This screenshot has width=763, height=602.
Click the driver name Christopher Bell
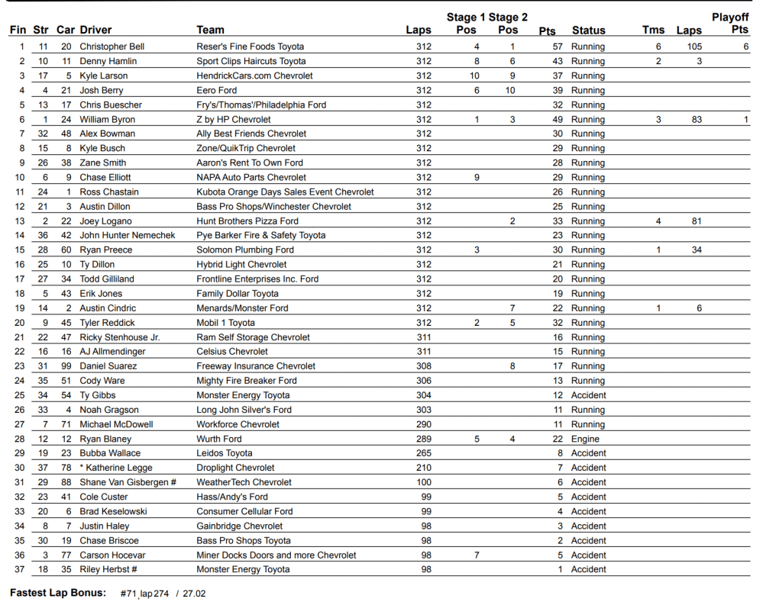point(112,47)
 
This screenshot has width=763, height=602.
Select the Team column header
point(210,31)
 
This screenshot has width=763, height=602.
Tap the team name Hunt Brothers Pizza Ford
point(247,221)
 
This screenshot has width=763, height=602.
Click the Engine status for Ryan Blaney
point(586,439)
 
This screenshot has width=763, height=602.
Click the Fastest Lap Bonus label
point(58,593)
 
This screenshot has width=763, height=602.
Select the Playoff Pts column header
point(730,24)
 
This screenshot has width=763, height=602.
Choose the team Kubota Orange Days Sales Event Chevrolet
point(285,192)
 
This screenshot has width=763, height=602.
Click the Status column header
point(588,31)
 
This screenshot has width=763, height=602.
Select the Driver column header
point(95,31)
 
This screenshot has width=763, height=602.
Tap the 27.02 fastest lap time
point(194,593)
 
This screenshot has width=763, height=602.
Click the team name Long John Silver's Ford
point(244,410)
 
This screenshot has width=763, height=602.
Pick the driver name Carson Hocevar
point(112,555)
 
